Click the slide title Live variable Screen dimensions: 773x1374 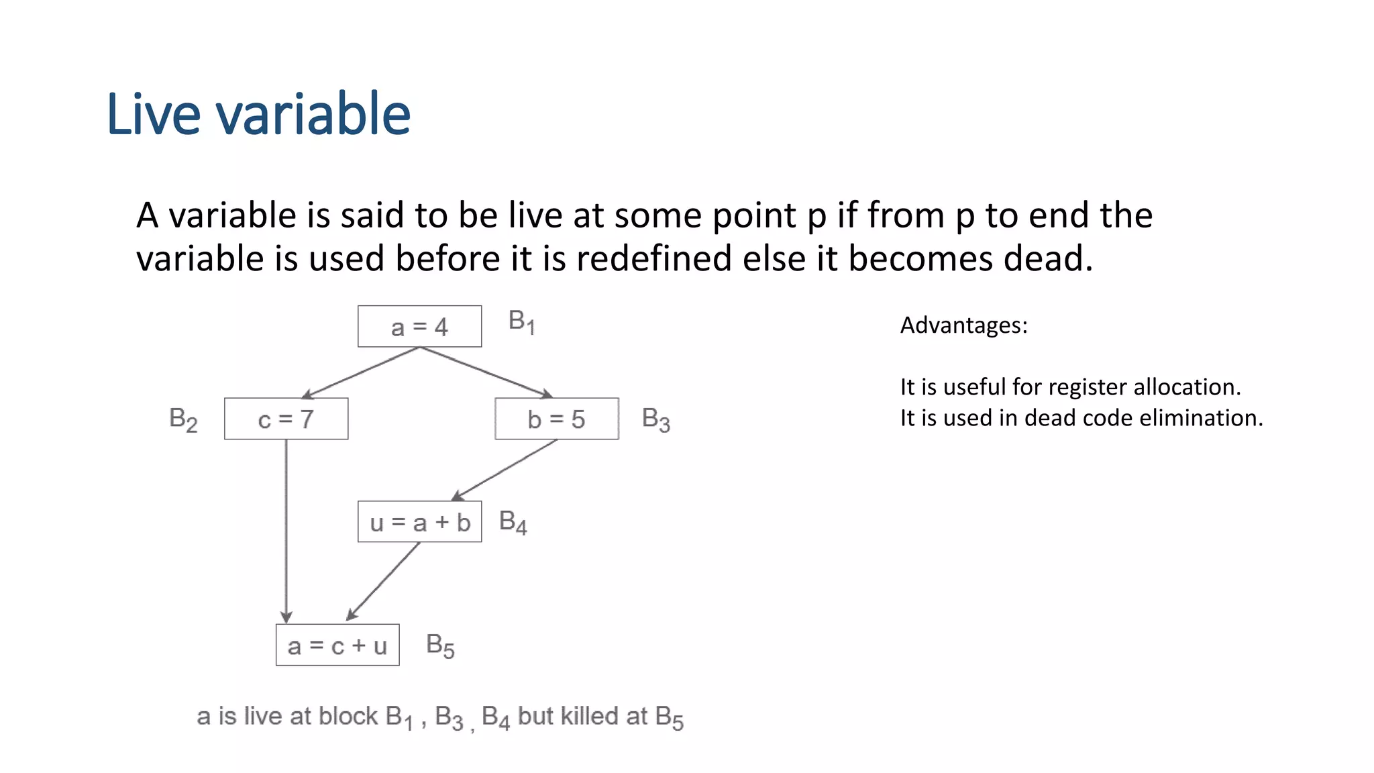point(258,114)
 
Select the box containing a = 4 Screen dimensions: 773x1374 point(419,327)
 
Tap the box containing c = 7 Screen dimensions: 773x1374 point(286,419)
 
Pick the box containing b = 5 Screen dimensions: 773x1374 point(556,419)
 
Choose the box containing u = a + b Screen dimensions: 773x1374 point(419,522)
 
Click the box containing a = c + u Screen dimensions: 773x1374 point(337,645)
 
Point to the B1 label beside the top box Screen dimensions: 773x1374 point(521,322)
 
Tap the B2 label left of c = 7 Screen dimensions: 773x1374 point(183,420)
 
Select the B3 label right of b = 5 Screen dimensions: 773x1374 point(655,420)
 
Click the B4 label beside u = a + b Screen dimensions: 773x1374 point(513,522)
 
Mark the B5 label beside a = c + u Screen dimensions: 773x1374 point(440,646)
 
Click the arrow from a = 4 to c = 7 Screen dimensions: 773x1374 point(361,372)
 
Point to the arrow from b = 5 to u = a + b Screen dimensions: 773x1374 point(505,470)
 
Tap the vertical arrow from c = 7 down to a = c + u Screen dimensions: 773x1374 point(286,530)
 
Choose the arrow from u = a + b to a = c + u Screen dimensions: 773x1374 point(383,581)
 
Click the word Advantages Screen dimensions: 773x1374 point(961,325)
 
